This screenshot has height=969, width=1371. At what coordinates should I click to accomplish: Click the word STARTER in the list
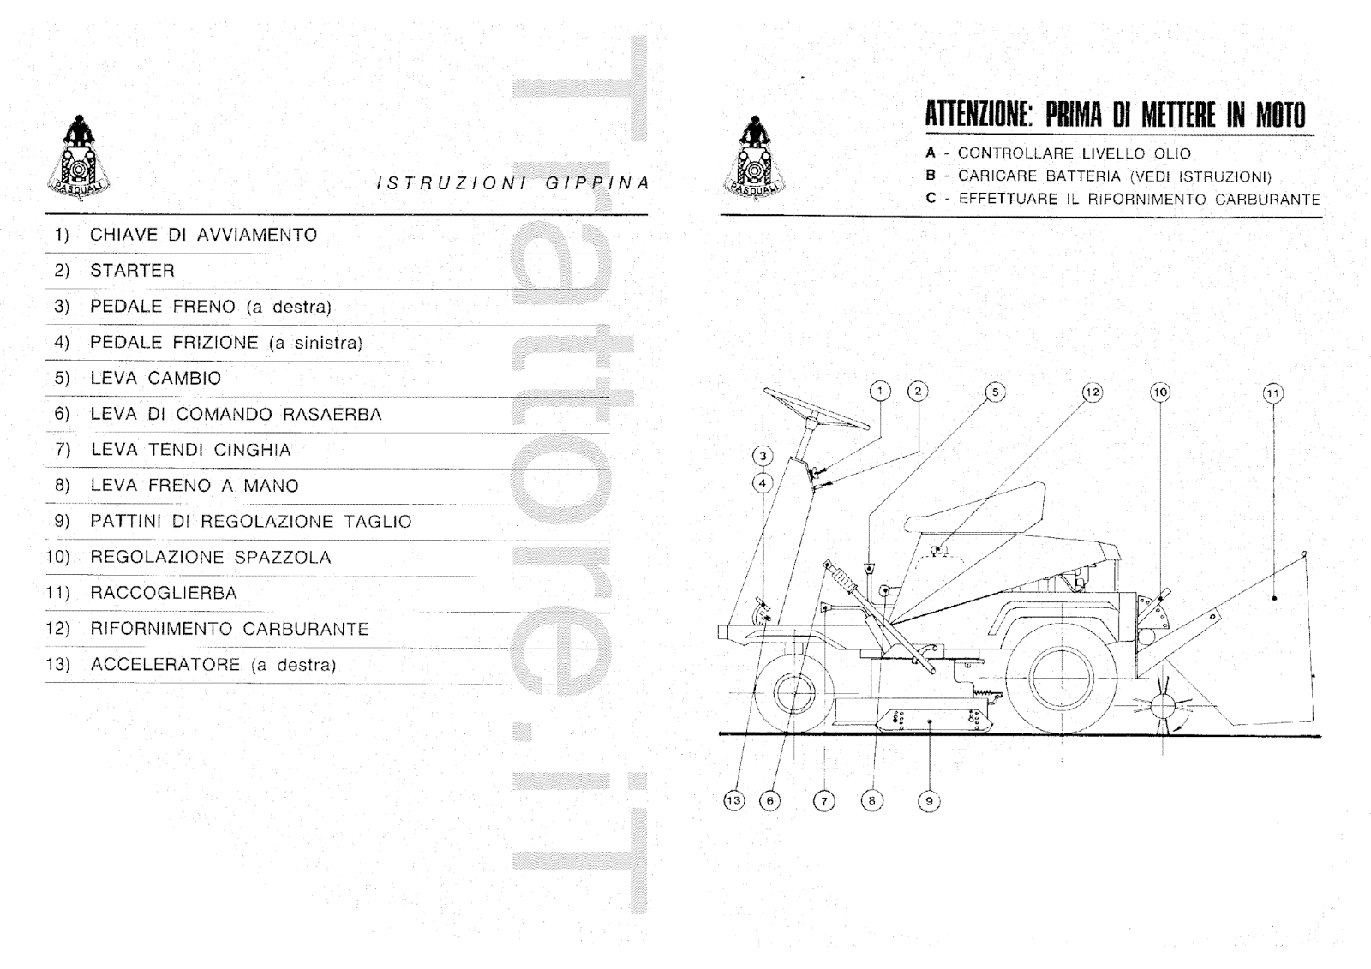click(132, 271)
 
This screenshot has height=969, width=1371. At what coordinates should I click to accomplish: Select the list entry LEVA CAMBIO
click(155, 378)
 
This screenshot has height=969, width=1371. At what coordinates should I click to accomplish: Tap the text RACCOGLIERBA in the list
click(163, 593)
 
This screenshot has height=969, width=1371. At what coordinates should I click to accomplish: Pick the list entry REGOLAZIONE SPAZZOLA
click(210, 557)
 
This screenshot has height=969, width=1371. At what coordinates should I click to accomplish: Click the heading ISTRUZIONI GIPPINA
click(512, 182)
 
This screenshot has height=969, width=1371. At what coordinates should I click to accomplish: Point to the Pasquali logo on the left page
click(78, 158)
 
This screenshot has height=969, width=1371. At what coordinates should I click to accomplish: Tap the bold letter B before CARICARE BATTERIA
click(931, 176)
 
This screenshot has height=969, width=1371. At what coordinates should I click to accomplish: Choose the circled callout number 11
click(1272, 393)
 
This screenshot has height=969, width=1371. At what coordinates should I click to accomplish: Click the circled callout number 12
click(1092, 392)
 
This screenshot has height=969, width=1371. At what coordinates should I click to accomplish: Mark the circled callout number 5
click(995, 392)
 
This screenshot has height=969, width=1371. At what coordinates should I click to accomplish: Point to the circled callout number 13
click(733, 801)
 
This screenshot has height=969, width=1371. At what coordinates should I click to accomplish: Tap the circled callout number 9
click(929, 802)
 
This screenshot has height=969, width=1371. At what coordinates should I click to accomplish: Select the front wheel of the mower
click(796, 691)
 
